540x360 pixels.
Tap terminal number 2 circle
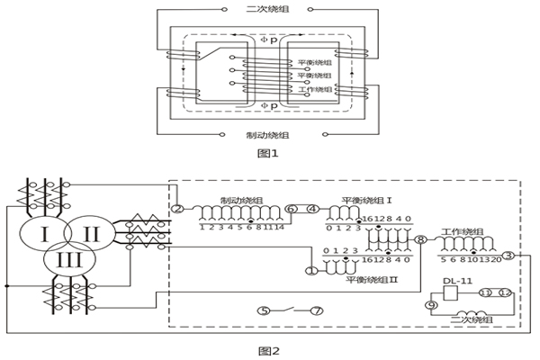(177, 209)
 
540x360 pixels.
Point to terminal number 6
(290, 209)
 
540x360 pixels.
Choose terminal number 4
(312, 209)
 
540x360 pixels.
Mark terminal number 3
(508, 256)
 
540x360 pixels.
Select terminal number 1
(311, 269)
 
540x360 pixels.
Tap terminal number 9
(431, 306)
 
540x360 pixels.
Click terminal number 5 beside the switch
(264, 310)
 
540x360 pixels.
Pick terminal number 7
(317, 310)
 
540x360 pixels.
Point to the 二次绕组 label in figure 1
(266, 9)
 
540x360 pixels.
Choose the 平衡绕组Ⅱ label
(368, 281)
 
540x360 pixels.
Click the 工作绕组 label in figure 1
(315, 90)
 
